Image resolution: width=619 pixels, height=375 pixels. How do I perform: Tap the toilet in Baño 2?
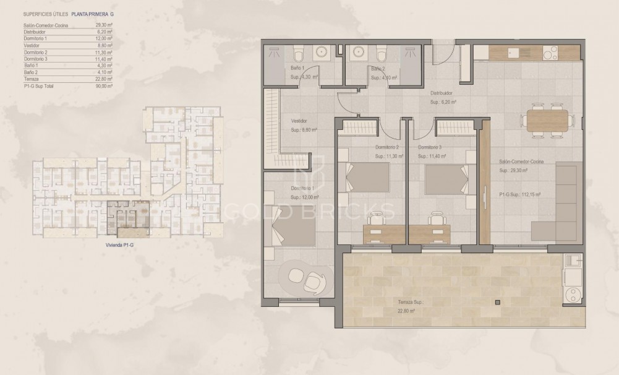tap(381, 51)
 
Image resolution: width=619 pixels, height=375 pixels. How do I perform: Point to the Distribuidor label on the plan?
tap(442, 93)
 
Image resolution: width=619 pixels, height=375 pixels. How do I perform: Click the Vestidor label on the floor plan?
tap(299, 121)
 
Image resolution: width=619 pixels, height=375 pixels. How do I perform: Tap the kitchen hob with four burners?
tap(550, 53)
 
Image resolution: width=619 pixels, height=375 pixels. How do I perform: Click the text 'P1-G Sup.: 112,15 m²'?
tap(520, 194)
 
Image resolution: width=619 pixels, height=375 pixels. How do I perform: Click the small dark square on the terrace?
tap(497, 302)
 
